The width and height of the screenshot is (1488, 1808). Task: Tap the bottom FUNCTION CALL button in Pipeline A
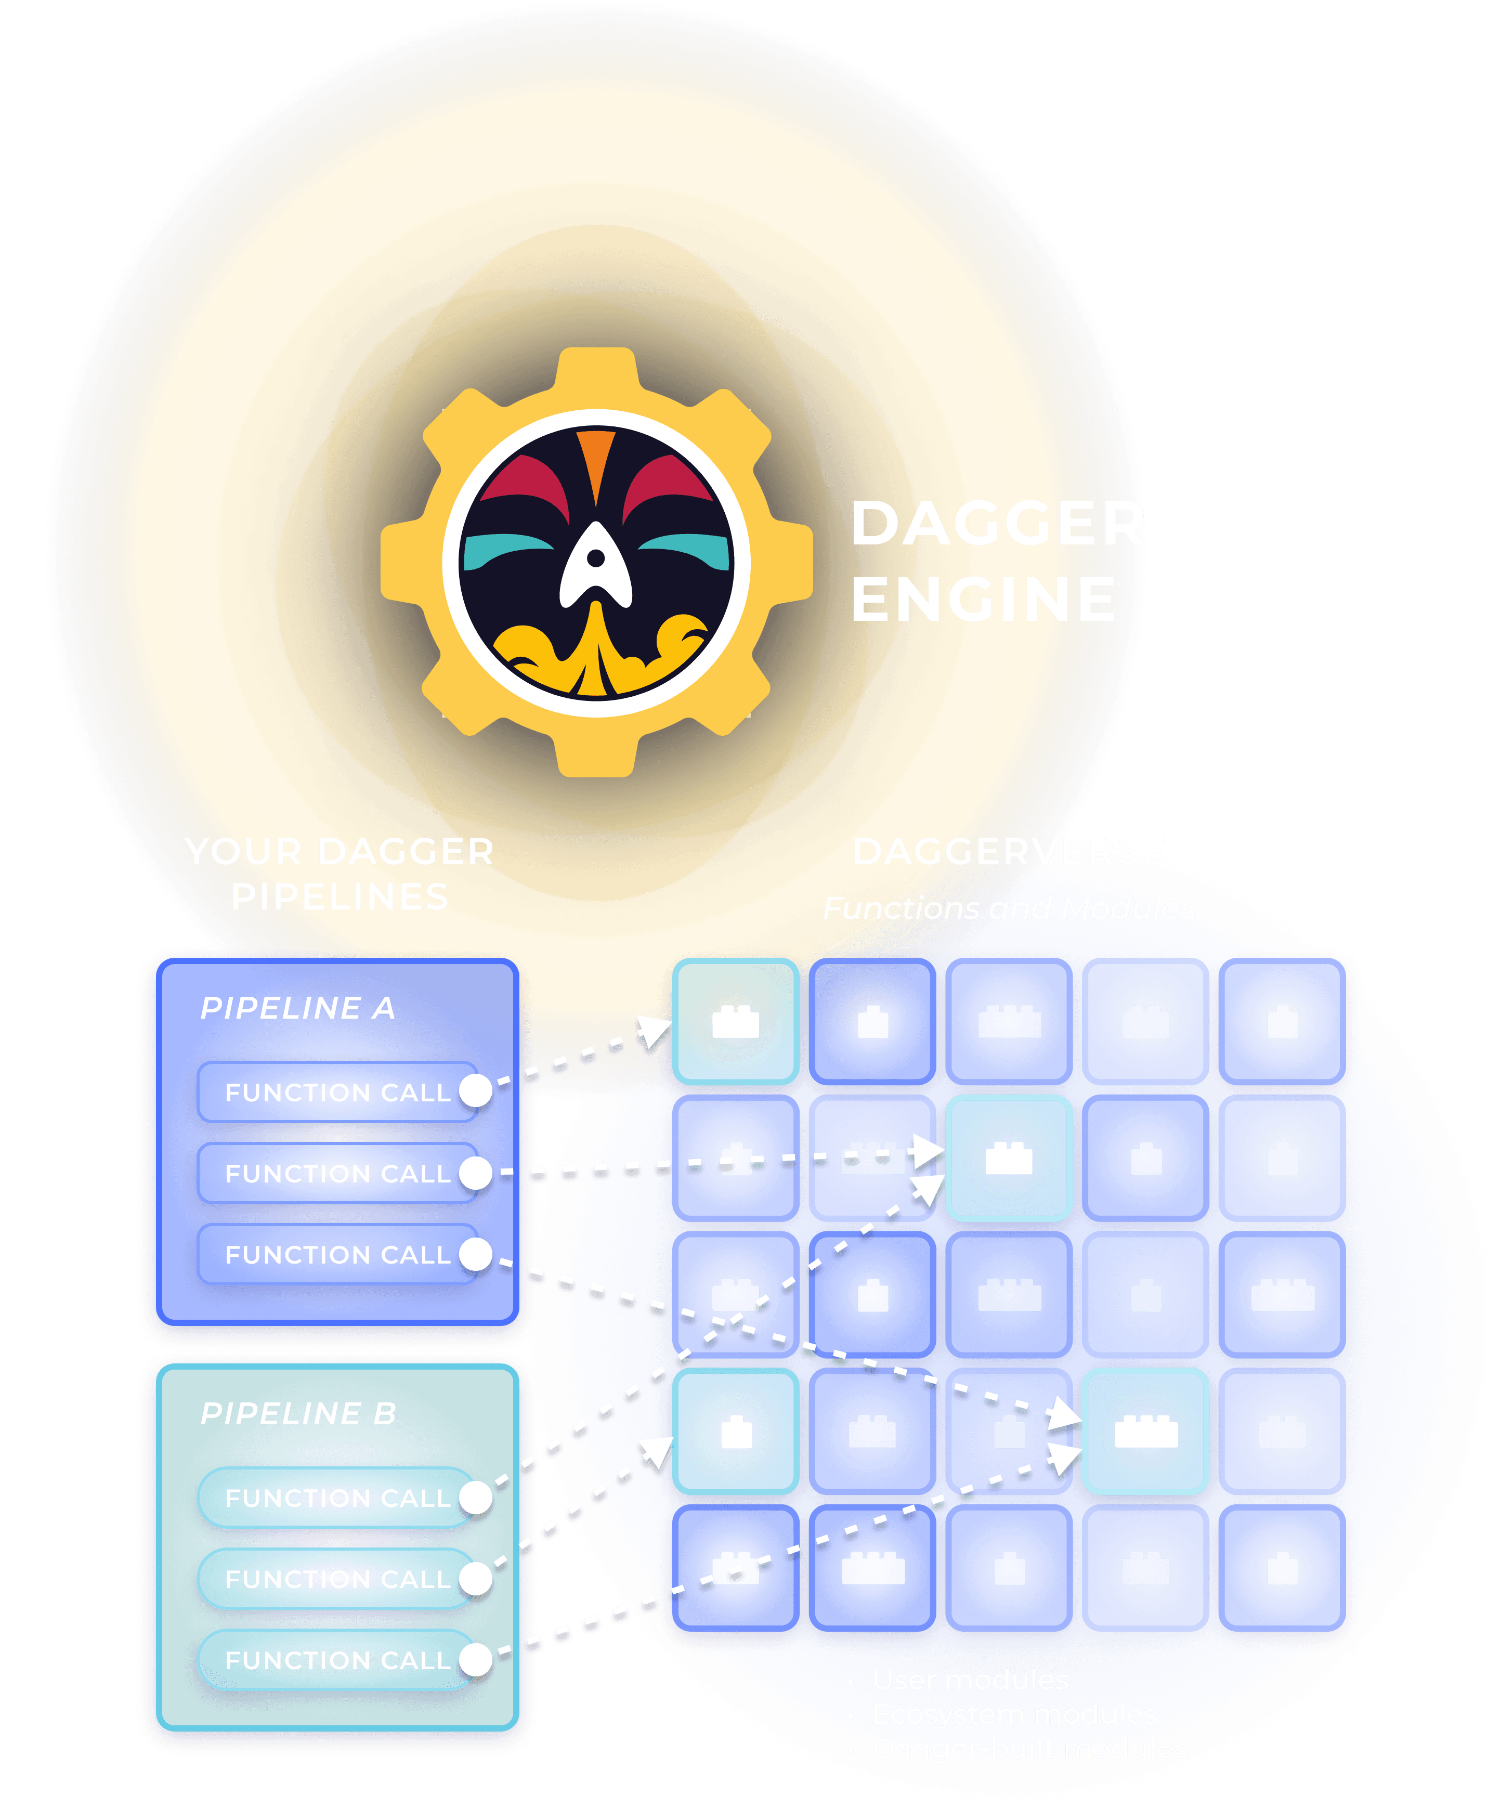pos(338,1255)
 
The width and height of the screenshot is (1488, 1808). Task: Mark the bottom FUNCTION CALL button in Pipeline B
pos(338,1660)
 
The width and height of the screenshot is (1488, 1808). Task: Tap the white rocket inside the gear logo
pos(596,566)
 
